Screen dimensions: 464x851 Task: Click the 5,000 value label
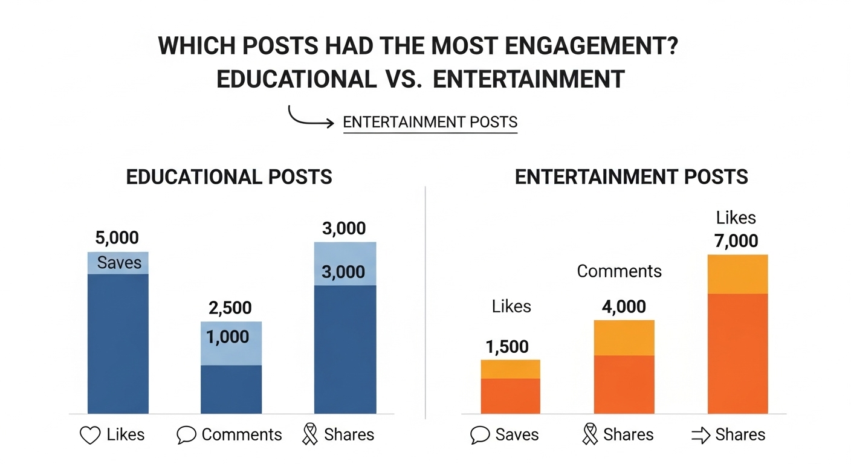tap(117, 237)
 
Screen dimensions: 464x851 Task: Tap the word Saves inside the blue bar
tap(120, 263)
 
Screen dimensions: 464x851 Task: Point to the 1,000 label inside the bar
tap(228, 337)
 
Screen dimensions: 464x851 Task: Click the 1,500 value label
tap(506, 347)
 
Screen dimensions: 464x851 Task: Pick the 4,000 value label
tap(624, 307)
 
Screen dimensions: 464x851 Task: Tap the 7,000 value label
tap(736, 240)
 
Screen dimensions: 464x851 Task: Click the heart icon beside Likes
tap(90, 435)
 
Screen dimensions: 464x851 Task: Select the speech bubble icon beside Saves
tap(479, 435)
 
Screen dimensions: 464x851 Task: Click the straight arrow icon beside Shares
tap(700, 435)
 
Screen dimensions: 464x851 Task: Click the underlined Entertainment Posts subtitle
tap(430, 123)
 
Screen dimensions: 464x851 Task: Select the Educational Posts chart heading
tap(229, 177)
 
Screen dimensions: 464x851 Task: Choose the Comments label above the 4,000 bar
tap(619, 271)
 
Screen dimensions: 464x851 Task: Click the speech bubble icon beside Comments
tap(187, 435)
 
